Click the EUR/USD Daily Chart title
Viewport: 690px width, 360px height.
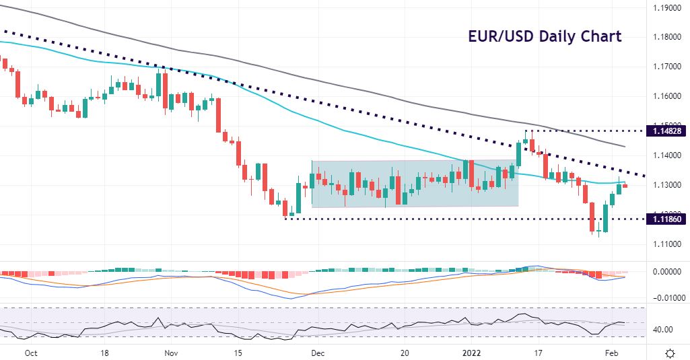(545, 36)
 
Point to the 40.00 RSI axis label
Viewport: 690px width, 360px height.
(666, 330)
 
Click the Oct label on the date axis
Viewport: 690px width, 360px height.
(30, 353)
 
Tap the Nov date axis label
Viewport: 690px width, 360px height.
(171, 353)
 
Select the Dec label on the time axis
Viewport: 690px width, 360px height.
(319, 353)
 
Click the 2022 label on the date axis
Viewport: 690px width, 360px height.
(471, 353)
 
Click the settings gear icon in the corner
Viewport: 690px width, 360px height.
(670, 353)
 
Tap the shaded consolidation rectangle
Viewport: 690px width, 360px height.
(415, 183)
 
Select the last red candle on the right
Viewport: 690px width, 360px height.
(625, 186)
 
